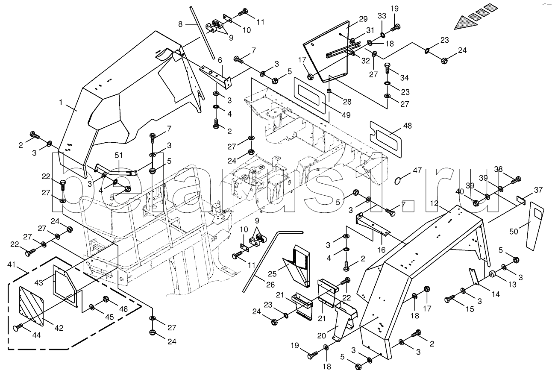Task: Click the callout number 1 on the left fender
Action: point(61,103)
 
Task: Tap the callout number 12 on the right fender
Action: point(434,204)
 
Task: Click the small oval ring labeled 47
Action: point(398,179)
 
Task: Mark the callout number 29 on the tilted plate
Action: point(363,19)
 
